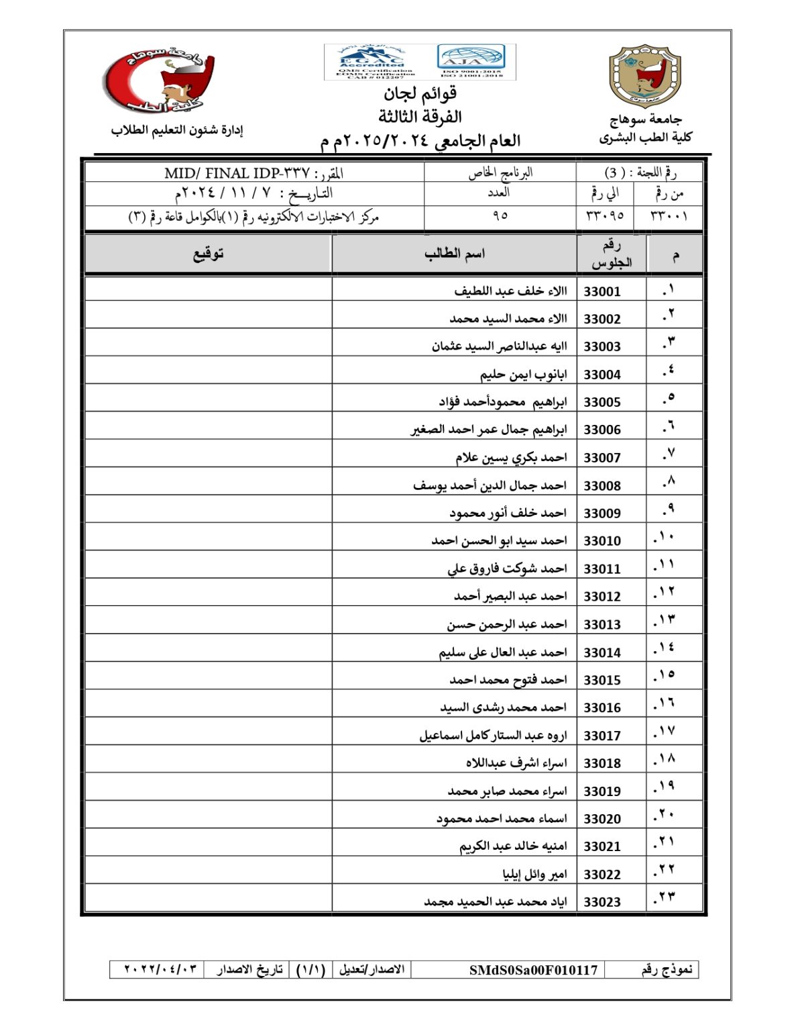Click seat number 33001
(x=602, y=291)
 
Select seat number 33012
(x=602, y=596)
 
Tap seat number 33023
(x=602, y=902)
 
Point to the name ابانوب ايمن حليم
(x=523, y=375)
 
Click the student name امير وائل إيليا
(x=534, y=874)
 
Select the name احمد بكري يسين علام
(x=511, y=458)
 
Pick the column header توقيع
(x=208, y=254)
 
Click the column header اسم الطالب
(x=454, y=254)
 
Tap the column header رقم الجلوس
(x=612, y=254)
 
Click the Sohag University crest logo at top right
(x=644, y=77)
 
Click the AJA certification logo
(x=471, y=60)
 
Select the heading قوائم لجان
(x=420, y=93)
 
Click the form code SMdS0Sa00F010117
(x=533, y=970)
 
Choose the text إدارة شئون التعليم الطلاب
(x=176, y=130)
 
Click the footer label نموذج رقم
(x=666, y=970)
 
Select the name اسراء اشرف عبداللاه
(x=516, y=763)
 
